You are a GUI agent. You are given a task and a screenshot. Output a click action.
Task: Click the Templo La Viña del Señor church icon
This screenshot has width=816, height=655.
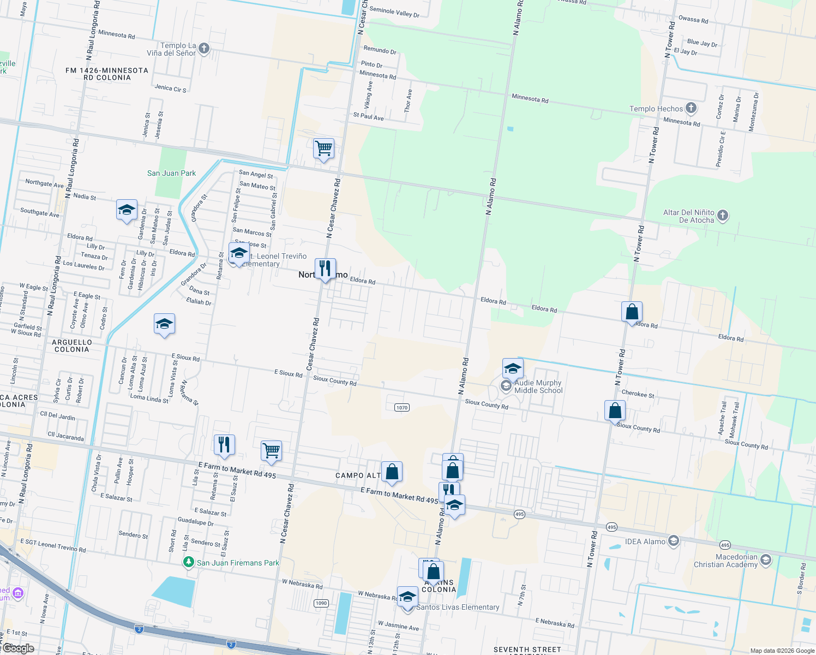(x=203, y=49)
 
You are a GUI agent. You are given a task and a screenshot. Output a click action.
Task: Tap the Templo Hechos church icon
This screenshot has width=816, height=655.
(x=691, y=108)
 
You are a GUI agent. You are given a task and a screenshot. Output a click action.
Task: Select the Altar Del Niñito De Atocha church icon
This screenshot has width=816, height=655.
(x=723, y=215)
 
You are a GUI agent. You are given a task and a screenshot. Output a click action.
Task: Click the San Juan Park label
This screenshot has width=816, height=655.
(x=171, y=173)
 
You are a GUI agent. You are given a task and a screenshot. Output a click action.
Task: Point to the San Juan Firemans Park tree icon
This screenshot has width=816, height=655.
(x=189, y=562)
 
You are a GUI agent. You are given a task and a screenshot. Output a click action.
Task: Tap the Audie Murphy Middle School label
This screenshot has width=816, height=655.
(x=538, y=386)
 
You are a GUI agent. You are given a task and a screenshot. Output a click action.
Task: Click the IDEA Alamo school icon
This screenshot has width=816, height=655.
(x=674, y=541)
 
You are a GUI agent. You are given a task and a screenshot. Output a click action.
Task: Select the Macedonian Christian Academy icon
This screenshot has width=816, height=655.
(x=766, y=560)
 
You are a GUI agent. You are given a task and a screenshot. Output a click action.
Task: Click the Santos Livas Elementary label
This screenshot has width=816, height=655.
(x=458, y=607)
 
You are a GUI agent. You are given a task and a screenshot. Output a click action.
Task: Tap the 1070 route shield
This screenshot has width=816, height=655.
(x=401, y=407)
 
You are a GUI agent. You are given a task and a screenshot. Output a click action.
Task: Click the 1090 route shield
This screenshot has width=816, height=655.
(x=321, y=603)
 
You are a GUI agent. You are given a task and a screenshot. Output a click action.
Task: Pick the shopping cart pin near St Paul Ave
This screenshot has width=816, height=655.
(x=324, y=148)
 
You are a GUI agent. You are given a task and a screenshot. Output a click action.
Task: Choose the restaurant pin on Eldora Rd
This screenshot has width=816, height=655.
(x=325, y=269)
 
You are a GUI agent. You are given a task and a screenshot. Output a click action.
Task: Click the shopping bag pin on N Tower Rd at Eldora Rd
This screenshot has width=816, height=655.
(x=632, y=312)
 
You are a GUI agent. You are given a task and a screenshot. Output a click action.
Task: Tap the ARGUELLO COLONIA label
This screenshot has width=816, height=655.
(x=71, y=346)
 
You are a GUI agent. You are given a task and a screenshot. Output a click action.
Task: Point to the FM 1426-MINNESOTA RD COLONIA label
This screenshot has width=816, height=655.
(x=107, y=74)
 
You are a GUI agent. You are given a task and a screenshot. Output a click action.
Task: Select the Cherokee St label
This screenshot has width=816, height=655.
(x=638, y=394)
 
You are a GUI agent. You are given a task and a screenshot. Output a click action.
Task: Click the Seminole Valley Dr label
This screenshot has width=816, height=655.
(x=394, y=12)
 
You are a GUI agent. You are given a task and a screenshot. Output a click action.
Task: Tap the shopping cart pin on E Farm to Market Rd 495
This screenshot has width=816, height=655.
(x=271, y=451)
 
